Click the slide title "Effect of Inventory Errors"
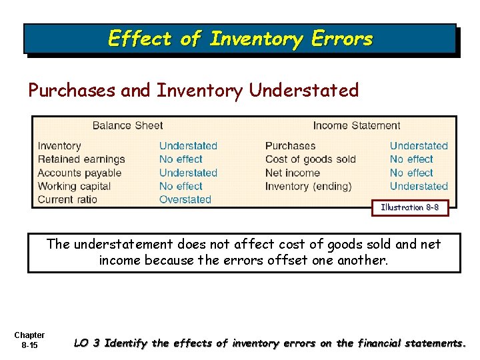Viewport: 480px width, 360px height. pyautogui.click(x=240, y=39)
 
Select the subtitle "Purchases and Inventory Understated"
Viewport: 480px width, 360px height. pyautogui.click(x=193, y=90)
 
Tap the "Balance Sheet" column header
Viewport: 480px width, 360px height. pyautogui.click(x=127, y=125)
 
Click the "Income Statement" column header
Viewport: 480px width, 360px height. pyautogui.click(x=357, y=125)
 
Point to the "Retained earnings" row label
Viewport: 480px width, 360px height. pyautogui.click(x=81, y=159)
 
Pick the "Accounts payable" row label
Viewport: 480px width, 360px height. pyautogui.click(x=80, y=173)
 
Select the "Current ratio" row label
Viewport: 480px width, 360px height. pyautogui.click(x=67, y=199)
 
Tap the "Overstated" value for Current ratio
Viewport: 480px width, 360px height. pyautogui.click(x=185, y=199)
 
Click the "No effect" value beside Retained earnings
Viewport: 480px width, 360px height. pyautogui.click(x=181, y=159)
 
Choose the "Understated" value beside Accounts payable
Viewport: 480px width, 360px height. pyautogui.click(x=188, y=173)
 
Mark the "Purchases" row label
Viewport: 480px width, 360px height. pyautogui.click(x=290, y=146)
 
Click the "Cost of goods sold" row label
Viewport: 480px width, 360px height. pyautogui.click(x=311, y=159)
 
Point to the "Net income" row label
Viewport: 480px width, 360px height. pyautogui.click(x=293, y=173)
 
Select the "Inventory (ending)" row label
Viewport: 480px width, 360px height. pyautogui.click(x=308, y=186)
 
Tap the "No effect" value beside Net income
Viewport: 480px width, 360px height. pyautogui.click(x=411, y=173)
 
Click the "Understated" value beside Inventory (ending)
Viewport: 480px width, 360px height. pyautogui.click(x=419, y=186)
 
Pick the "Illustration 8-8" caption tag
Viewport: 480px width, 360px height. pyautogui.click(x=410, y=208)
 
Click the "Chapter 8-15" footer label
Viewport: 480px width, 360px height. pyautogui.click(x=29, y=339)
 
